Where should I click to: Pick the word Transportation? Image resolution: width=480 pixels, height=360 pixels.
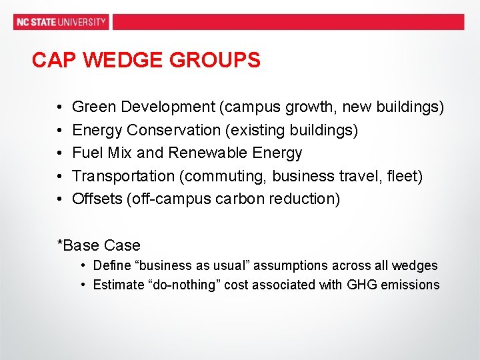pyautogui.click(x=123, y=176)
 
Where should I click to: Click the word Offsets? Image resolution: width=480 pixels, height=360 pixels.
pyautogui.click(x=97, y=199)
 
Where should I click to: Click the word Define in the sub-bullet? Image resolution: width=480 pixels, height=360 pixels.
pyautogui.click(x=112, y=265)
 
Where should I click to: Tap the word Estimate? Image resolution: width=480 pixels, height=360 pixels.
pyautogui.click(x=119, y=285)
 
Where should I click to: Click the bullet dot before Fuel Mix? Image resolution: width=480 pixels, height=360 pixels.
pyautogui.click(x=59, y=153)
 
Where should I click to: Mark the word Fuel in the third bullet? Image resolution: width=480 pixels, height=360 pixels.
pyautogui.click(x=85, y=153)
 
